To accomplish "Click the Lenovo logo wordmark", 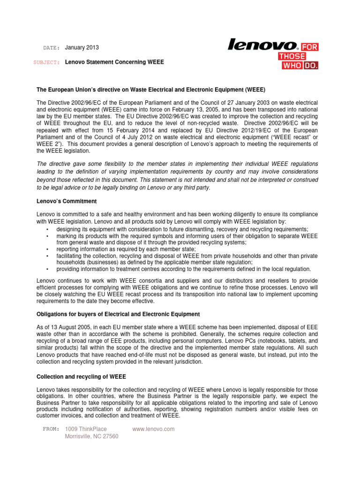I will [262, 45].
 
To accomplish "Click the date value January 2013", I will [82, 48].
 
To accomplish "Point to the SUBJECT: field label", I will [47, 62].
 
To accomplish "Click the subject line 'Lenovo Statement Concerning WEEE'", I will [114, 62].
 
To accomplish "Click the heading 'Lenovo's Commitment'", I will [67, 201].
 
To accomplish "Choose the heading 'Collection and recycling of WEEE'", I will [82, 376].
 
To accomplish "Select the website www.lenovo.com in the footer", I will [154, 429].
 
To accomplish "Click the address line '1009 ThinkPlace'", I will [85, 429].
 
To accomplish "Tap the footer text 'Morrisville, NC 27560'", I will [91, 436].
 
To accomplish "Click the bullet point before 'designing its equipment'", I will [48, 229].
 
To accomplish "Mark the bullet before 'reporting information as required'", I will [48, 250].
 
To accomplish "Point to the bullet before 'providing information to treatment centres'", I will [48, 270].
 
